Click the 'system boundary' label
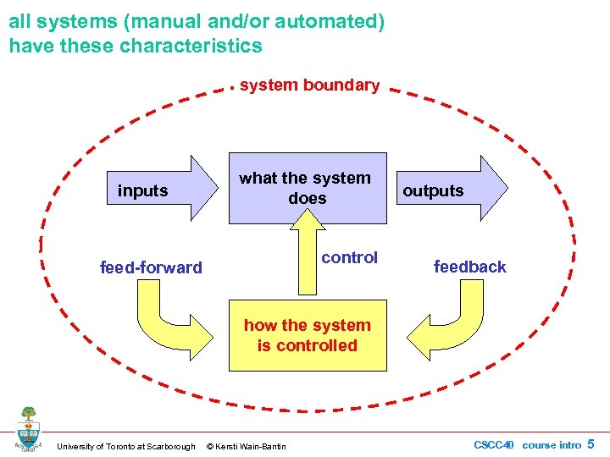point(309,85)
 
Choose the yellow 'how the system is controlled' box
point(307,336)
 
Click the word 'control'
point(349,257)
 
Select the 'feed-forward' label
point(151,267)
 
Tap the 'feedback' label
point(469,267)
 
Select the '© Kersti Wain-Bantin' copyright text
point(247,446)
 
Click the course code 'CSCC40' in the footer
point(494,444)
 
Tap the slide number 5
point(591,443)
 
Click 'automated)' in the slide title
point(338,21)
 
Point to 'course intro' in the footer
point(552,444)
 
